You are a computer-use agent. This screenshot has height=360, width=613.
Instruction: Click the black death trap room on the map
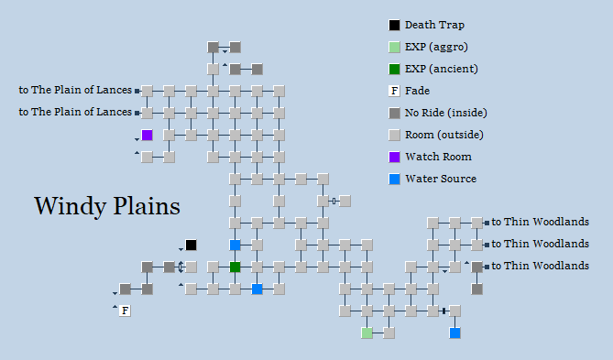click(191, 245)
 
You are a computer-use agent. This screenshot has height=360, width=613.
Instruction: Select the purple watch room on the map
click(147, 135)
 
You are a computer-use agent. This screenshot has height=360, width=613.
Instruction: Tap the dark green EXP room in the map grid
click(235, 267)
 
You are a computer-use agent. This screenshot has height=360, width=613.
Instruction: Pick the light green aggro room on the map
click(367, 333)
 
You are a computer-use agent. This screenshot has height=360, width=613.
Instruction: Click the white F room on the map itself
click(125, 311)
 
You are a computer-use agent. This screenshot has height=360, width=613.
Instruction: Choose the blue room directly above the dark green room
click(235, 245)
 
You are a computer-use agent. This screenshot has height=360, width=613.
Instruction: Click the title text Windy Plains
click(106, 205)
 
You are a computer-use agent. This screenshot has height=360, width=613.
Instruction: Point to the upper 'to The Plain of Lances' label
click(75, 90)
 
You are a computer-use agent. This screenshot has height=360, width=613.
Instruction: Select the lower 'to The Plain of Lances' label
click(75, 112)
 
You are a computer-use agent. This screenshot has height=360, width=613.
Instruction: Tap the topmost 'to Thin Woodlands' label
click(540, 222)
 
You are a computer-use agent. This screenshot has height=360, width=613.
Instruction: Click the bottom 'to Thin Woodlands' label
click(540, 266)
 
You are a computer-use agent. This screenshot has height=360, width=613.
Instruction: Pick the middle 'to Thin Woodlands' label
click(540, 244)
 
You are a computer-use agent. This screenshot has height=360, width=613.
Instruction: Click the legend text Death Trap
click(434, 25)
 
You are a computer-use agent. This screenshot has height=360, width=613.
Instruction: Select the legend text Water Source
click(441, 179)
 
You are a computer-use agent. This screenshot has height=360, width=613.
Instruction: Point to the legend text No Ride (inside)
click(445, 113)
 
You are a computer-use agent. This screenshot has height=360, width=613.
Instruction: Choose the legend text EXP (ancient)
click(441, 69)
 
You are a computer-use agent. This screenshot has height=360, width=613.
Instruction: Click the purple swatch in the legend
click(394, 157)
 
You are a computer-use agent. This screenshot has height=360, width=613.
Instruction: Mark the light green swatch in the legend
click(394, 47)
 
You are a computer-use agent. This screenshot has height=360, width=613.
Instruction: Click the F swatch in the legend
click(394, 91)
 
